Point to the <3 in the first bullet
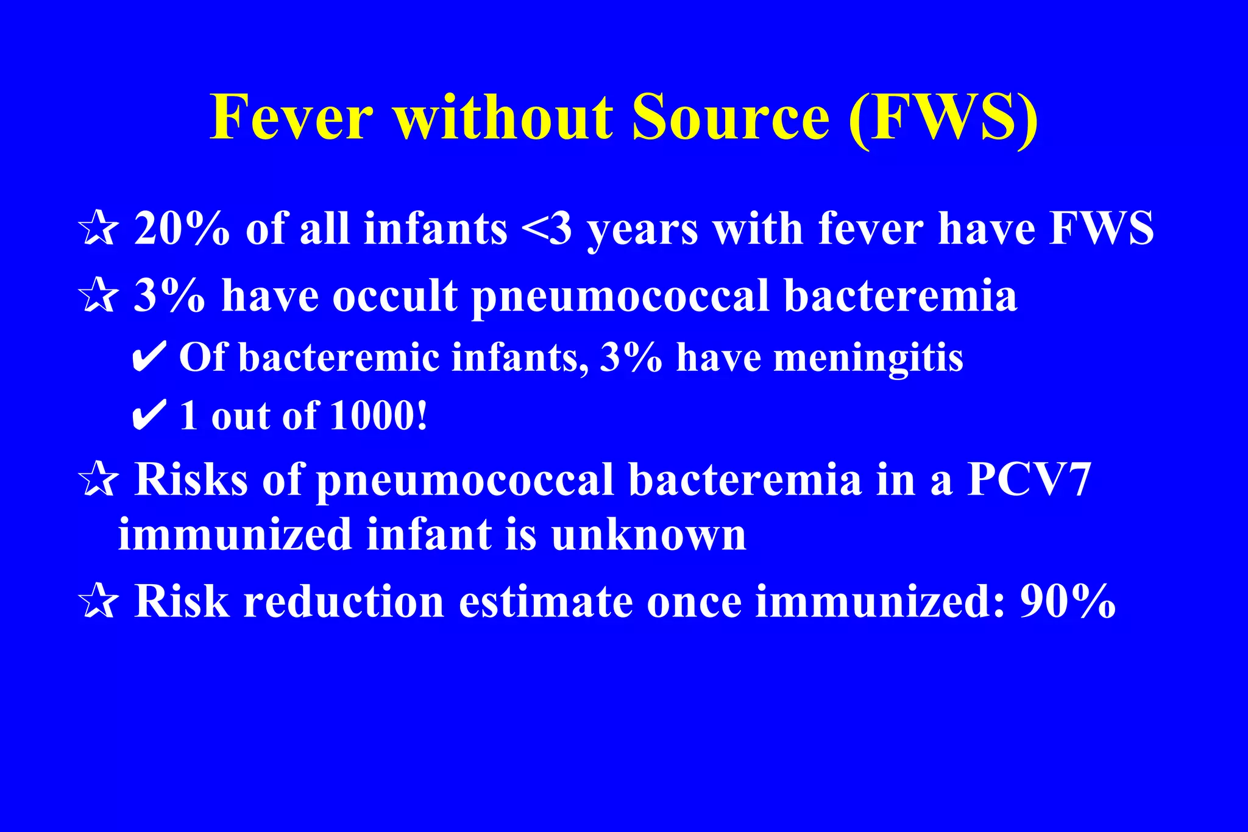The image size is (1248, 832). [x=547, y=229]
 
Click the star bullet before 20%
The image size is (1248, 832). [x=97, y=229]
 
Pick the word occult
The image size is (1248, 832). [x=395, y=297]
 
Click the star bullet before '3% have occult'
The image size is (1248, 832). [x=97, y=297]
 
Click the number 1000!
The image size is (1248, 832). [x=379, y=416]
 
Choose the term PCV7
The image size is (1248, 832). [x=1029, y=480]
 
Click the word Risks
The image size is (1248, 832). [x=191, y=480]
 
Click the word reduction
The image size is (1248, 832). [x=344, y=602]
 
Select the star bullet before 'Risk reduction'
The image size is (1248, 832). [x=97, y=602]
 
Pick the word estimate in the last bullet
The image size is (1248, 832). [x=546, y=602]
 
